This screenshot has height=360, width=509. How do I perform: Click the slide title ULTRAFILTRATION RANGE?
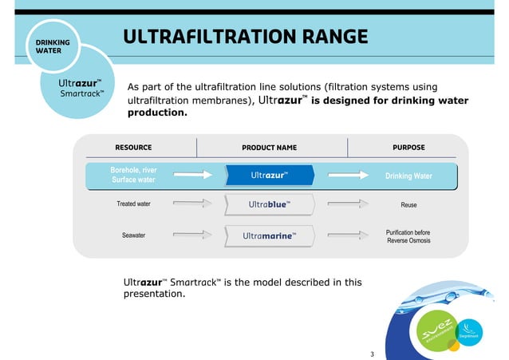tap(246, 38)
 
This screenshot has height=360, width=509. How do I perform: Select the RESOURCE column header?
tap(133, 148)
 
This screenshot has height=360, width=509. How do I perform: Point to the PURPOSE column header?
tap(408, 148)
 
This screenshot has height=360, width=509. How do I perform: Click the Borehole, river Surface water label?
tap(133, 175)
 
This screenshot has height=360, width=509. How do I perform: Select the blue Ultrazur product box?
tap(270, 175)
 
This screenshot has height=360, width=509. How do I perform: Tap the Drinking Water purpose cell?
tap(408, 176)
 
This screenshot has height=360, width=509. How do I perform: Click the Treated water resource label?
tap(133, 205)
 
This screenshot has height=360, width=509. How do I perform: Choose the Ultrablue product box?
tap(270, 205)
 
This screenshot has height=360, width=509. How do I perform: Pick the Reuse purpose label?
tap(408, 205)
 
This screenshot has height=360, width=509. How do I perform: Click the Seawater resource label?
tap(133, 235)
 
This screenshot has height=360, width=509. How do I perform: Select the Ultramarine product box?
tap(270, 235)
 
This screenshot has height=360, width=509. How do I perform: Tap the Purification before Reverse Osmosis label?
tap(408, 235)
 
